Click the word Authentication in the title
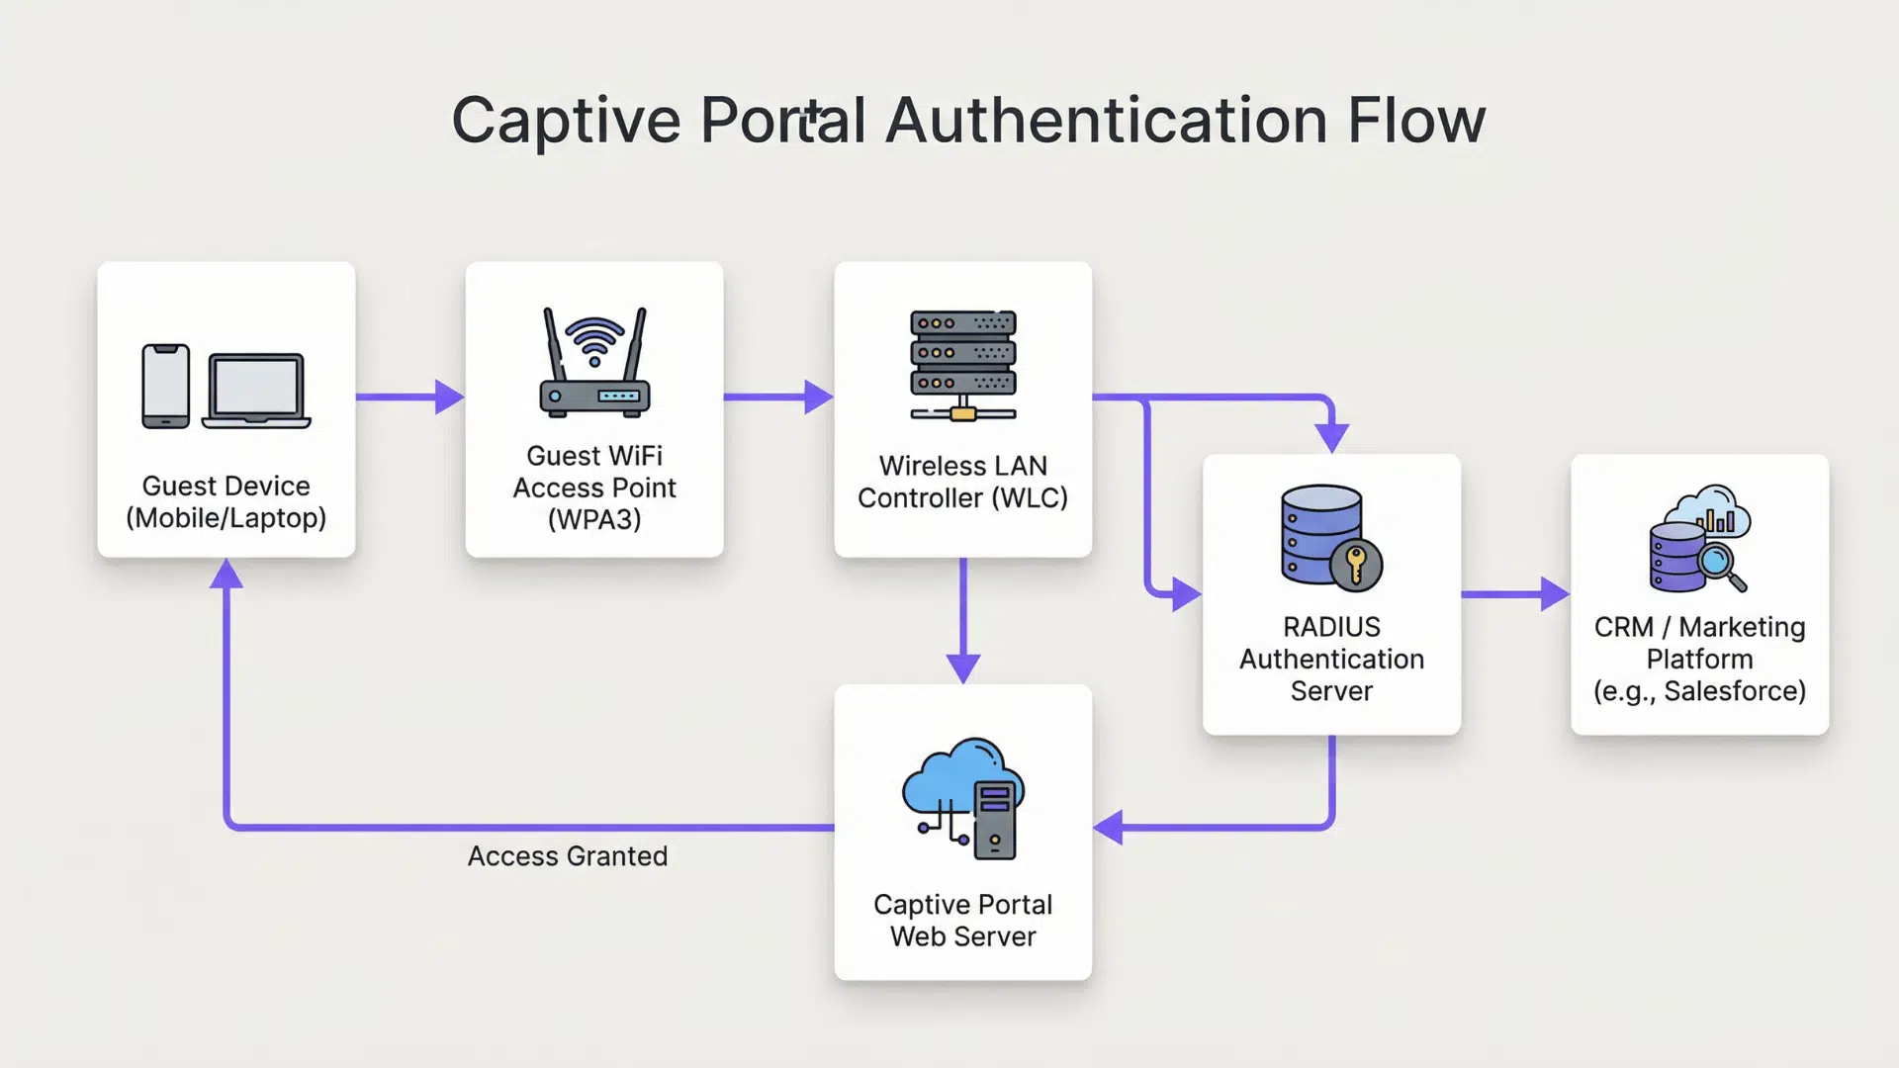(x=1106, y=121)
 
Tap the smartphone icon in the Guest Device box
(x=165, y=387)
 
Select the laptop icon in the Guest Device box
(x=256, y=391)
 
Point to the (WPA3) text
(x=594, y=519)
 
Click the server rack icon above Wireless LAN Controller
(x=962, y=365)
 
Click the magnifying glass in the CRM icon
(x=1721, y=567)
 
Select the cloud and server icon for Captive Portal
(x=963, y=797)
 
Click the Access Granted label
(x=567, y=856)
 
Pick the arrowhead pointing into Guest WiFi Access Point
(x=449, y=397)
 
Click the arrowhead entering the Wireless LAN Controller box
(x=818, y=397)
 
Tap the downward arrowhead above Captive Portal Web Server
(x=962, y=667)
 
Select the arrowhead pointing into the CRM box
(x=1554, y=594)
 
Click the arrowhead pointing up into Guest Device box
(x=226, y=575)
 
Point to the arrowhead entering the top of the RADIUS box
(x=1331, y=437)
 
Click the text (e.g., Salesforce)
(x=1699, y=691)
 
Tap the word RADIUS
(x=1331, y=627)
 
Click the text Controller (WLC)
(x=962, y=498)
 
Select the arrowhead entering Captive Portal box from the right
(x=1109, y=827)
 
